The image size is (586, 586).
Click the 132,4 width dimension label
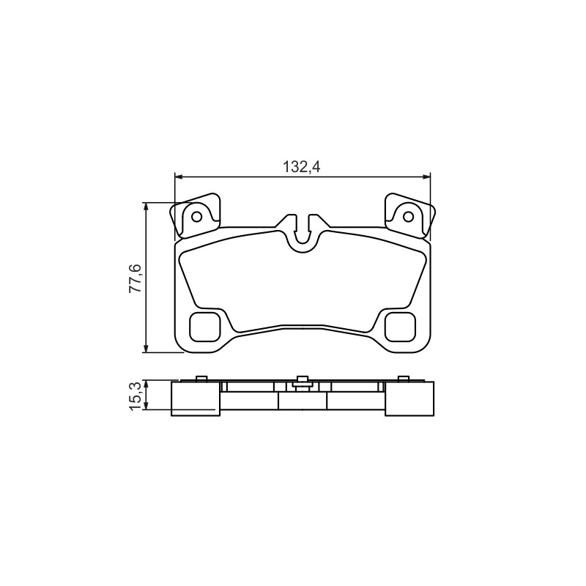[302, 167]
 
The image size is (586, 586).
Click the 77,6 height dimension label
[136, 278]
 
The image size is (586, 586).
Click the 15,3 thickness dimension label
[136, 396]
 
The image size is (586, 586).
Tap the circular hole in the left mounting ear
[197, 217]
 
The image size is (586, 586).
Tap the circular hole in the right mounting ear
[408, 217]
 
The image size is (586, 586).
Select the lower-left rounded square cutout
[204, 327]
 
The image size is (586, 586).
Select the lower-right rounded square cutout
[401, 327]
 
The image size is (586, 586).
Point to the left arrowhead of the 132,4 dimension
[179, 177]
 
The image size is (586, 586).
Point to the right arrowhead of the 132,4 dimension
[426, 177]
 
